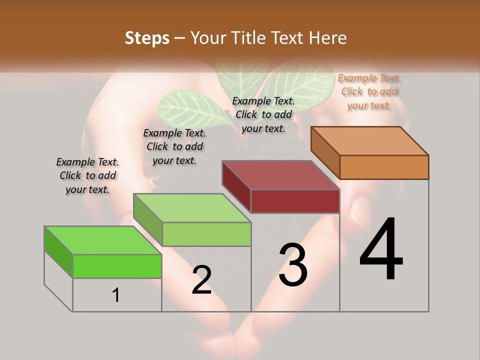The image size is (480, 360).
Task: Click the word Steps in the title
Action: tap(147, 38)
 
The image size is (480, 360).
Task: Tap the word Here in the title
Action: tap(328, 38)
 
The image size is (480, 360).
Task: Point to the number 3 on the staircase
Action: tap(293, 265)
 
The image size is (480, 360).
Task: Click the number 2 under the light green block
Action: tap(201, 280)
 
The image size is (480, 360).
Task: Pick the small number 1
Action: tap(116, 295)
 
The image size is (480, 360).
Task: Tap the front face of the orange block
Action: tap(384, 167)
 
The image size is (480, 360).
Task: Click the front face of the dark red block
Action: tap(295, 201)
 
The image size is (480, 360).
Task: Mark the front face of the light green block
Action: tap(206, 234)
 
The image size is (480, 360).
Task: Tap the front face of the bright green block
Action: tap(117, 266)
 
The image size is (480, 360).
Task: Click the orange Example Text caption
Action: tap(369, 91)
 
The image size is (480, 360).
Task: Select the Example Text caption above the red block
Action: tap(263, 114)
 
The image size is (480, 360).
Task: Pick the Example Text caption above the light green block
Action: tap(174, 146)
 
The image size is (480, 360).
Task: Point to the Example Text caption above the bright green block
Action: tap(87, 175)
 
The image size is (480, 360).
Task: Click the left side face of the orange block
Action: tap(325, 152)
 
